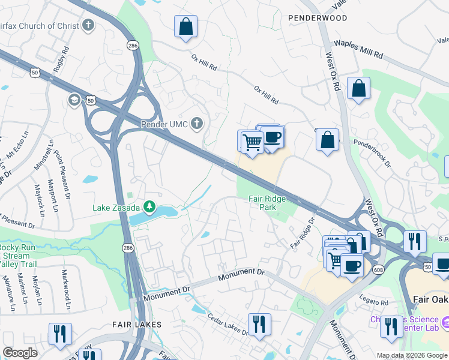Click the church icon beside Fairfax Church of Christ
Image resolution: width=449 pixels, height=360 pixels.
tap(89, 25)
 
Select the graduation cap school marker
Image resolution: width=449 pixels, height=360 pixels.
tap(75, 99)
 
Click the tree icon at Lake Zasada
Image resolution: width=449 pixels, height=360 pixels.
tap(148, 208)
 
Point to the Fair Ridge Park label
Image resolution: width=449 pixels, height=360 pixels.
tap(268, 203)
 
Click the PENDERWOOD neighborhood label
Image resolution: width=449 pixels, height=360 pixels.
tap(317, 18)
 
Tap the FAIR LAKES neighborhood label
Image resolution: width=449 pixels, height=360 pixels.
tap(137, 324)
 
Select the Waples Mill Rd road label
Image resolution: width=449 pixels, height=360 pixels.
tap(358, 49)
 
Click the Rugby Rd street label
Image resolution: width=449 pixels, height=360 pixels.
tap(58, 61)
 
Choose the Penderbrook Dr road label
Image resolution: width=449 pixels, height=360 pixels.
tap(372, 153)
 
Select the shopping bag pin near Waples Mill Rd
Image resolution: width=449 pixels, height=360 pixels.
tap(358, 88)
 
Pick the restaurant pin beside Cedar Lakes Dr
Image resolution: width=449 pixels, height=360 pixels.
tap(259, 325)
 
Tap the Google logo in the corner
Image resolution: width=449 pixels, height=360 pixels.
tap(20, 353)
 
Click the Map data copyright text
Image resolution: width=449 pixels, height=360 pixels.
tap(412, 355)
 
